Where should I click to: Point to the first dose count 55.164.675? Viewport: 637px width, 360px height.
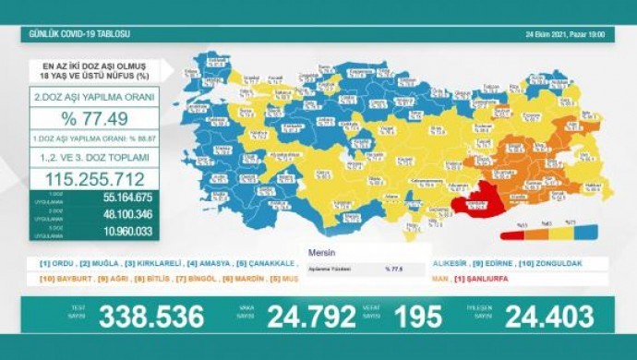121,198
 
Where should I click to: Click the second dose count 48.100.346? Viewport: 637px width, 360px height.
121,215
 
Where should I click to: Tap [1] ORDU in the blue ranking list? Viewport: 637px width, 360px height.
56,263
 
